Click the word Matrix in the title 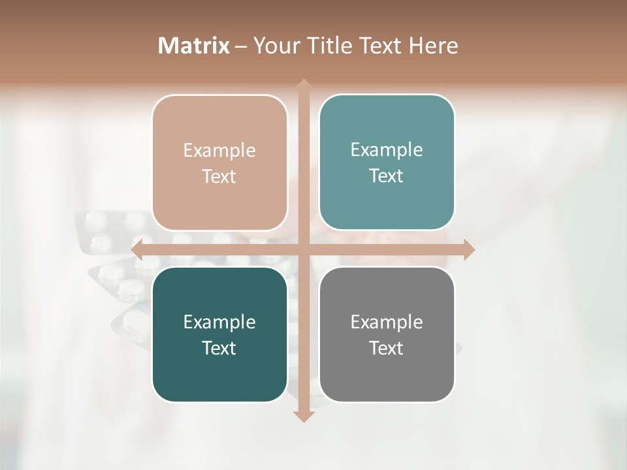click(x=194, y=46)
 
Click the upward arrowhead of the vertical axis click(x=303, y=86)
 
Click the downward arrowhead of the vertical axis click(x=303, y=416)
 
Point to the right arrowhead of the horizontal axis click(x=468, y=249)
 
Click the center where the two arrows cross click(x=303, y=249)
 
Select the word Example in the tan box click(x=219, y=151)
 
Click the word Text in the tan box click(x=219, y=176)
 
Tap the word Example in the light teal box click(x=387, y=150)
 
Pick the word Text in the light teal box click(x=387, y=176)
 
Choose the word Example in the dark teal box click(x=219, y=322)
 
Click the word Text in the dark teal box click(x=219, y=348)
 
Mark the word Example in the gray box click(x=387, y=322)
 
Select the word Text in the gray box click(x=387, y=348)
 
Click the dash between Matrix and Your click(x=241, y=46)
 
